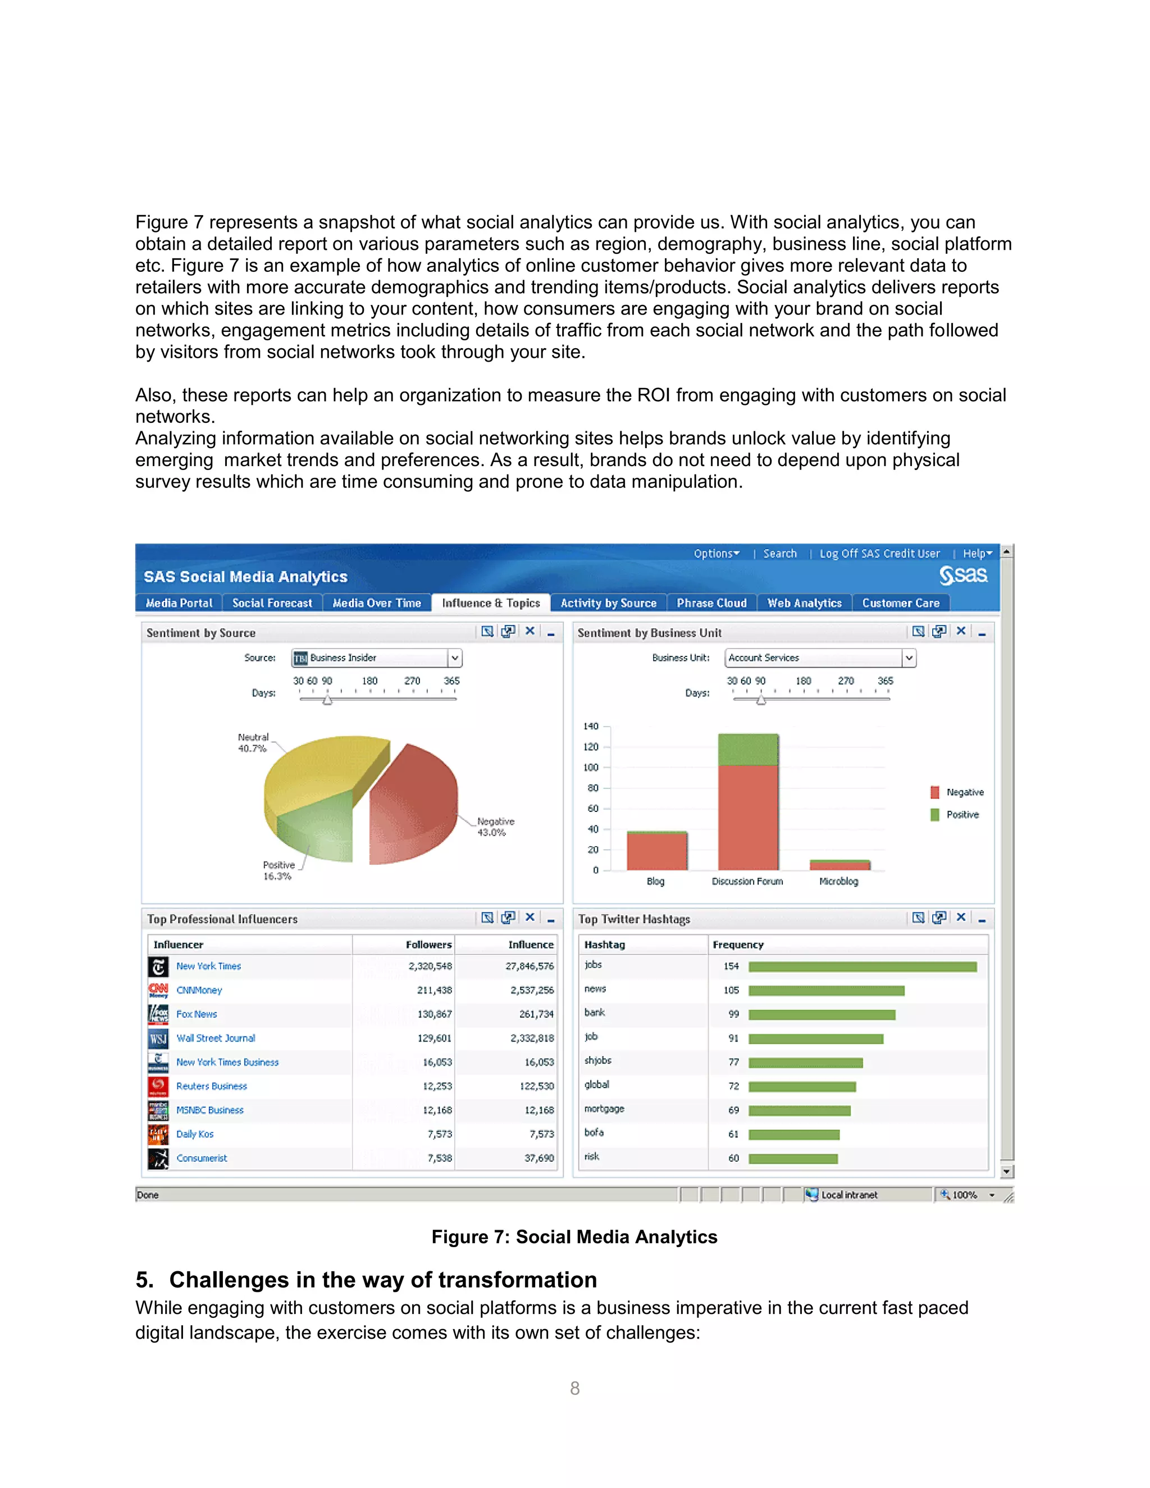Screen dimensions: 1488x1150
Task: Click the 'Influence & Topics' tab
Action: pyautogui.click(x=491, y=603)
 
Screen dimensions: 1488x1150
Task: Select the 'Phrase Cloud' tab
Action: pyautogui.click(x=711, y=603)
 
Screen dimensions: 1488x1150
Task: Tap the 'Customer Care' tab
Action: pyautogui.click(x=901, y=603)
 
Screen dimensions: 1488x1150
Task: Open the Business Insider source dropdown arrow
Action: pyautogui.click(x=454, y=658)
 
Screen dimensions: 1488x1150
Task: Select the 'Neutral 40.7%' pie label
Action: pyautogui.click(x=253, y=743)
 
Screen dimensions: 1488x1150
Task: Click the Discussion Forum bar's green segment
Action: pyautogui.click(x=747, y=750)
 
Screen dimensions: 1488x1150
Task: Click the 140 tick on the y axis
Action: pyautogui.click(x=591, y=726)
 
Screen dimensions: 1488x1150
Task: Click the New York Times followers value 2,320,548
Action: pyautogui.click(x=430, y=966)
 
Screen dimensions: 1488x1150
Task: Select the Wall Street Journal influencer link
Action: pyautogui.click(x=215, y=1038)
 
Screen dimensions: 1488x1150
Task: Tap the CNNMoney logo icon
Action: pyautogui.click(x=158, y=990)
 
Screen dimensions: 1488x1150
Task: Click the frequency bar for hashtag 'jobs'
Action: pyautogui.click(x=862, y=967)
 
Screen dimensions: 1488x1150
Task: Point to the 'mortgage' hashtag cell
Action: pyautogui.click(x=604, y=1109)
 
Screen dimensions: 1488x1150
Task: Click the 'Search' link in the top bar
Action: pyautogui.click(x=779, y=554)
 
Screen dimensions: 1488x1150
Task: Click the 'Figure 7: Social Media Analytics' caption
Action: pyautogui.click(x=574, y=1237)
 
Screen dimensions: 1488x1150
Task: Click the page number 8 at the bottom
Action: pyautogui.click(x=574, y=1389)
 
